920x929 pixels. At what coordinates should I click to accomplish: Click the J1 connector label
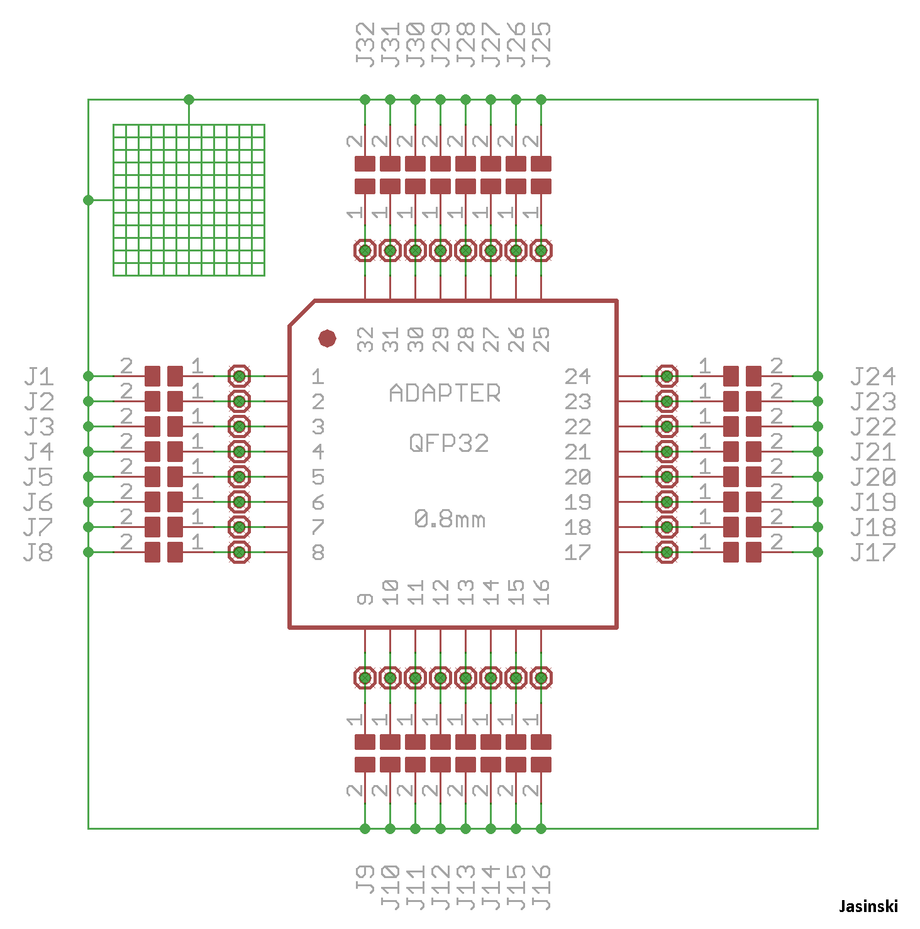click(39, 377)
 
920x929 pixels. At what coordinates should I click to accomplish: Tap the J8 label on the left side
click(39, 552)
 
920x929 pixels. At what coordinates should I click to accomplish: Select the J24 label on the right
click(873, 377)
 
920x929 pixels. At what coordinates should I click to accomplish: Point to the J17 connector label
click(873, 552)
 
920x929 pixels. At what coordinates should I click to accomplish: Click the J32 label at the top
click(365, 44)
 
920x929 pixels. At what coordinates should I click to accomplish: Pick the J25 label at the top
click(541, 44)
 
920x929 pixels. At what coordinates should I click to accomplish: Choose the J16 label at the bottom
click(541, 886)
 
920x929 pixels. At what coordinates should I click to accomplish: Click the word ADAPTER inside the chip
click(445, 393)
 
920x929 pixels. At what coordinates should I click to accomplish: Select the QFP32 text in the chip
click(448, 444)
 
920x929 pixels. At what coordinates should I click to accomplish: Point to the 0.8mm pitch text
click(450, 519)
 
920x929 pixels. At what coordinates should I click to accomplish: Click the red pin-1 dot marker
click(327, 338)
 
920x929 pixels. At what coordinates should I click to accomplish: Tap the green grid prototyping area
click(189, 200)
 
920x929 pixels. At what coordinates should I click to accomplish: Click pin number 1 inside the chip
click(318, 377)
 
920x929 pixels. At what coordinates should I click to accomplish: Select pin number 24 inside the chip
click(577, 377)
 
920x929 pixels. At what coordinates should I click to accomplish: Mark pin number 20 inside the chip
click(577, 477)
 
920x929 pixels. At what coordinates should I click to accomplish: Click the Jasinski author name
click(868, 906)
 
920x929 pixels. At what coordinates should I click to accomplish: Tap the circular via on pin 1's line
click(239, 377)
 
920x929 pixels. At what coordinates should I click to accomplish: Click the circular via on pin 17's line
click(667, 552)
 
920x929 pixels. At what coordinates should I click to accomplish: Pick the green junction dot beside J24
click(817, 376)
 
